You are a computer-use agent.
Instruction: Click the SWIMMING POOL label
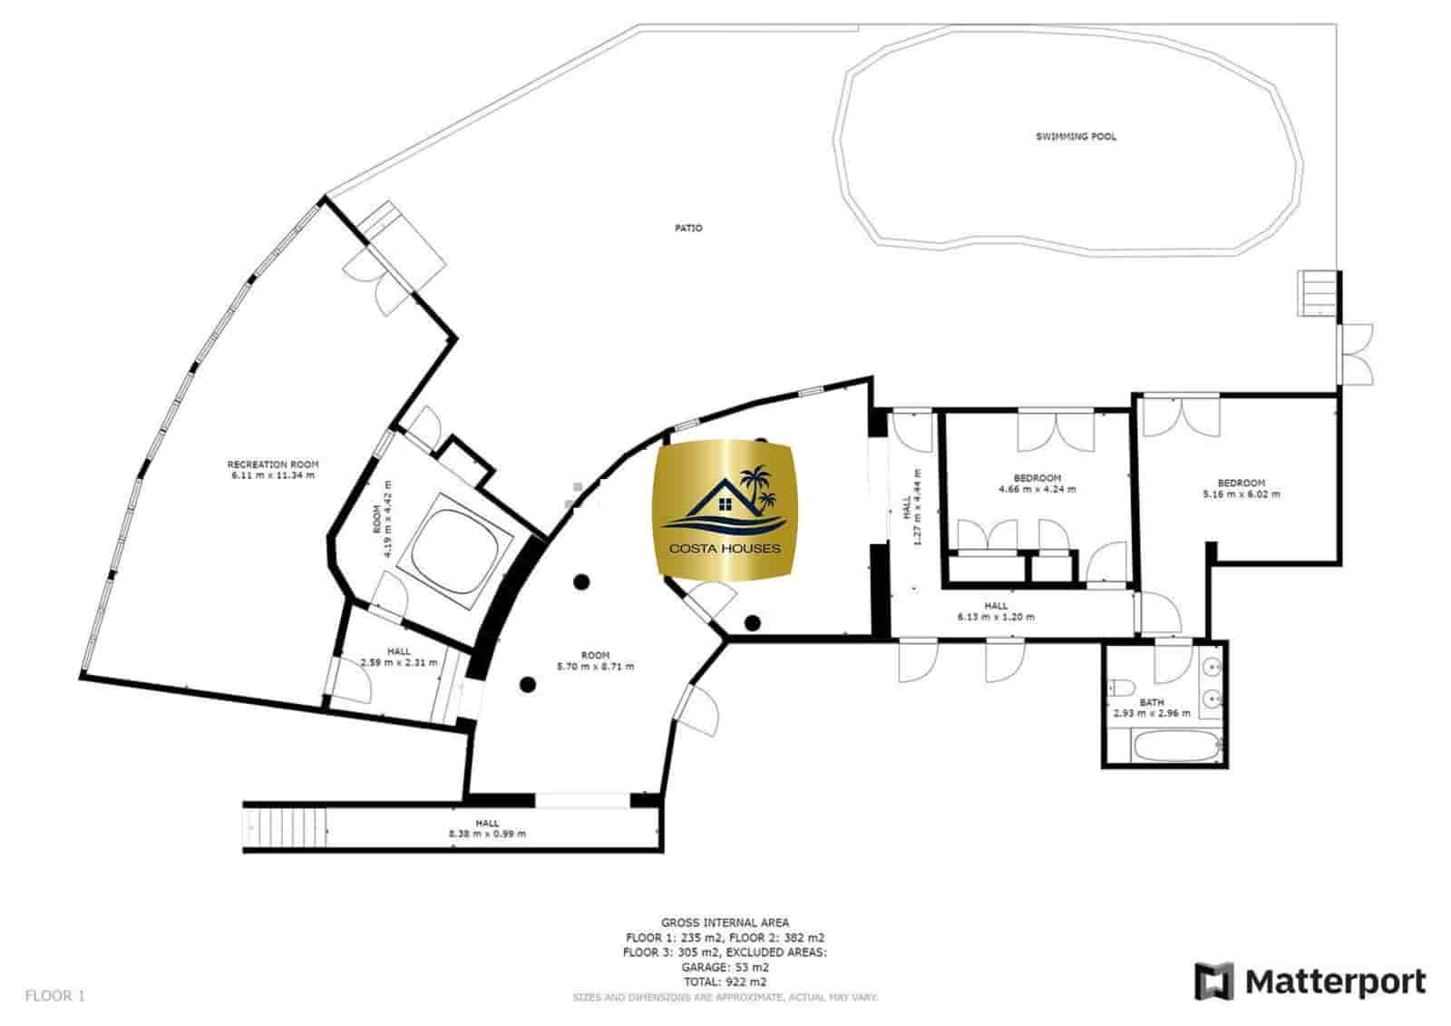click(x=1076, y=137)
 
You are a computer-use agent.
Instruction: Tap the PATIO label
click(x=688, y=228)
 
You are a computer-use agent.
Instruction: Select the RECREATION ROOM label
click(x=272, y=464)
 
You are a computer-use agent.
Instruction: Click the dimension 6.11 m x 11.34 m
click(x=272, y=475)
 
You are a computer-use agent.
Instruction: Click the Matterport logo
click(x=1310, y=982)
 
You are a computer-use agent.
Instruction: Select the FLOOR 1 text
click(x=54, y=996)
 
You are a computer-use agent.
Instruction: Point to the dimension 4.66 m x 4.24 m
click(x=1037, y=489)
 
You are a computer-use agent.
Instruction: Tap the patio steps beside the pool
click(x=1318, y=293)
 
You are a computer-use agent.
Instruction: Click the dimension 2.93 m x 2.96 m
click(x=1152, y=713)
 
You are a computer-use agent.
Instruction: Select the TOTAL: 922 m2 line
click(x=725, y=982)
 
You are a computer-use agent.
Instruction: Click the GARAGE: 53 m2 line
click(x=725, y=967)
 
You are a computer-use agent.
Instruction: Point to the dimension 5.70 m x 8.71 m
click(x=595, y=666)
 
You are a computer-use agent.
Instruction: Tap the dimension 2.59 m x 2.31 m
click(x=398, y=662)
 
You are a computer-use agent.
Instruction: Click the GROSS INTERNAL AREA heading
click(x=725, y=923)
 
